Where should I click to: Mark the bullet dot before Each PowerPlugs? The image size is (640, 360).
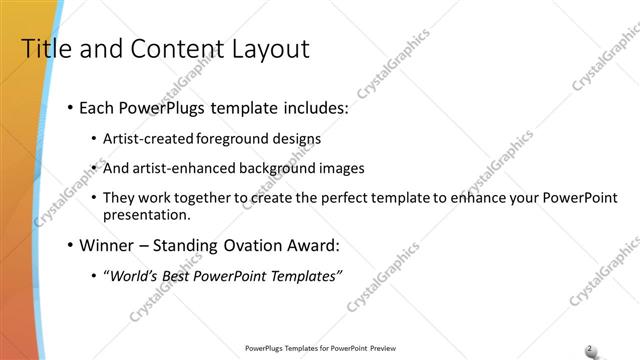(x=70, y=107)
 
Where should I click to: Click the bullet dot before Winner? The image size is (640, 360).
(x=70, y=245)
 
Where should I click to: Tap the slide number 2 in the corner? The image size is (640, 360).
(x=590, y=348)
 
